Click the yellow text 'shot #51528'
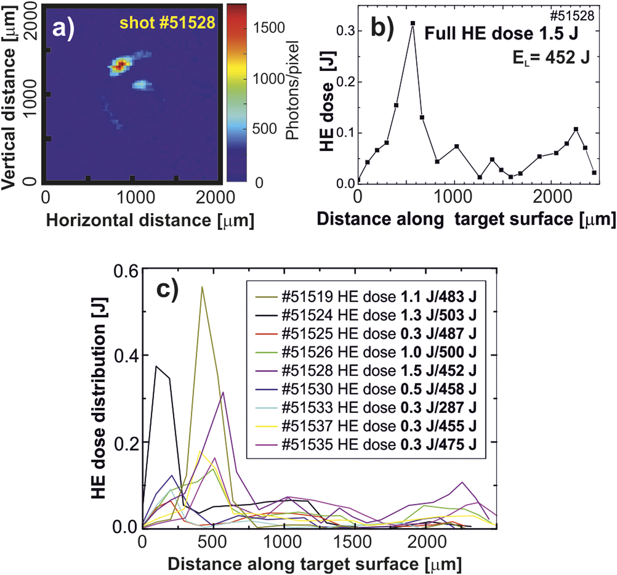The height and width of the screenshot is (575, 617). [x=167, y=23]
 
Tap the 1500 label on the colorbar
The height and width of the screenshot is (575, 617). [x=269, y=28]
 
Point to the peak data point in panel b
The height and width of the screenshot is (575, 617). [x=413, y=23]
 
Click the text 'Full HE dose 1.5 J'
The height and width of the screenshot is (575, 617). [x=501, y=34]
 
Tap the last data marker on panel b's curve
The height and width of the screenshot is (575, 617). [x=594, y=172]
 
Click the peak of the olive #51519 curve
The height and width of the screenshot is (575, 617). [x=202, y=287]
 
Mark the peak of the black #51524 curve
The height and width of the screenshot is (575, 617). [x=156, y=366]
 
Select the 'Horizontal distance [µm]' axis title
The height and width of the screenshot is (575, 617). [x=150, y=220]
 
